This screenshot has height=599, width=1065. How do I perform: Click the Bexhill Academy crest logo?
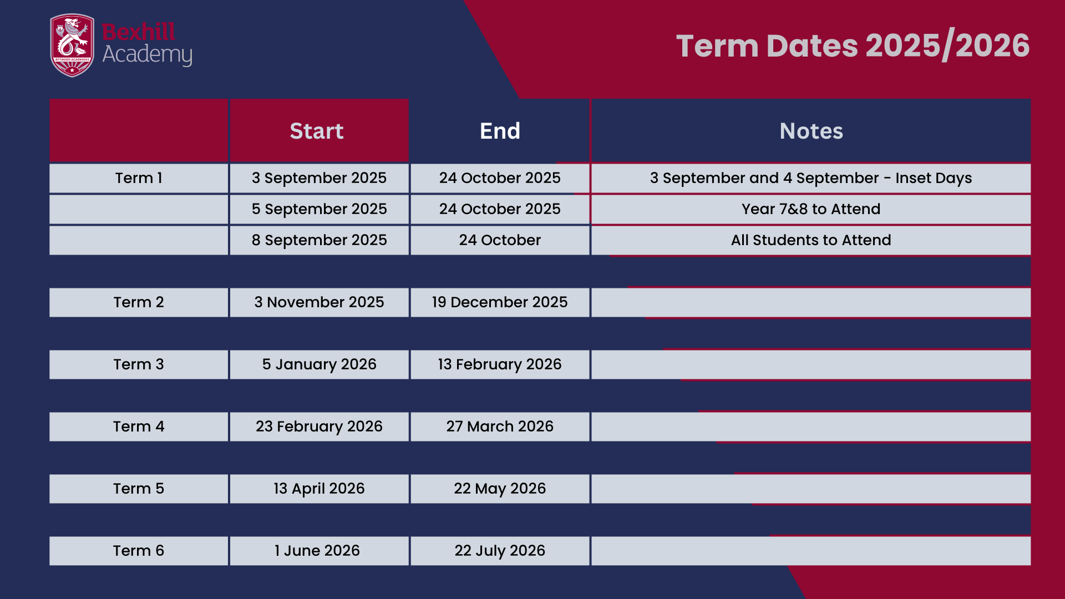pyautogui.click(x=72, y=45)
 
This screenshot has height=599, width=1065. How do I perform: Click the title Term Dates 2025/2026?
pyautogui.click(x=853, y=45)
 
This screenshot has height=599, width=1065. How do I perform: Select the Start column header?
pyautogui.click(x=317, y=131)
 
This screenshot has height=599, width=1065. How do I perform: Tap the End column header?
pyautogui.click(x=500, y=131)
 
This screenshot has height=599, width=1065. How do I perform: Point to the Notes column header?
pyautogui.click(x=811, y=131)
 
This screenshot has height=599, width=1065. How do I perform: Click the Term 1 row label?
pyautogui.click(x=139, y=178)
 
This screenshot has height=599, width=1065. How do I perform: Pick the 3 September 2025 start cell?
pyautogui.click(x=319, y=178)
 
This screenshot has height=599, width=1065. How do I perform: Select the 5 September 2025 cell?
pyautogui.click(x=319, y=209)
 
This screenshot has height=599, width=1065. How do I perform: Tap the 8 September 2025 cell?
pyautogui.click(x=319, y=240)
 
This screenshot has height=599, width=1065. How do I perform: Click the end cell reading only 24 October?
pyautogui.click(x=500, y=240)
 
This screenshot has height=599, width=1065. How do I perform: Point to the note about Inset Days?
pyautogui.click(x=811, y=178)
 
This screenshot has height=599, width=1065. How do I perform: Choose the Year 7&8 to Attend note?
pyautogui.click(x=811, y=209)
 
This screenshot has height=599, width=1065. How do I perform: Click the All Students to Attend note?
pyautogui.click(x=811, y=240)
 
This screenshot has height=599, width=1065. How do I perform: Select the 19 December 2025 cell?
pyautogui.click(x=500, y=302)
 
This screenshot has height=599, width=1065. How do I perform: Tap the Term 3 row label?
pyautogui.click(x=139, y=364)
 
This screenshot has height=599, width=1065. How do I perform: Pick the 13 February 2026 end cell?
pyautogui.click(x=500, y=364)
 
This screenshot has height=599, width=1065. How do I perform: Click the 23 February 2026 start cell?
pyautogui.click(x=319, y=427)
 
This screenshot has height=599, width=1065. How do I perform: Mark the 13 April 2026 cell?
pyautogui.click(x=319, y=489)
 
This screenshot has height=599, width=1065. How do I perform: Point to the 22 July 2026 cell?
pyautogui.click(x=500, y=551)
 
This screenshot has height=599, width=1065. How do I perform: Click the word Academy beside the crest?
pyautogui.click(x=147, y=55)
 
